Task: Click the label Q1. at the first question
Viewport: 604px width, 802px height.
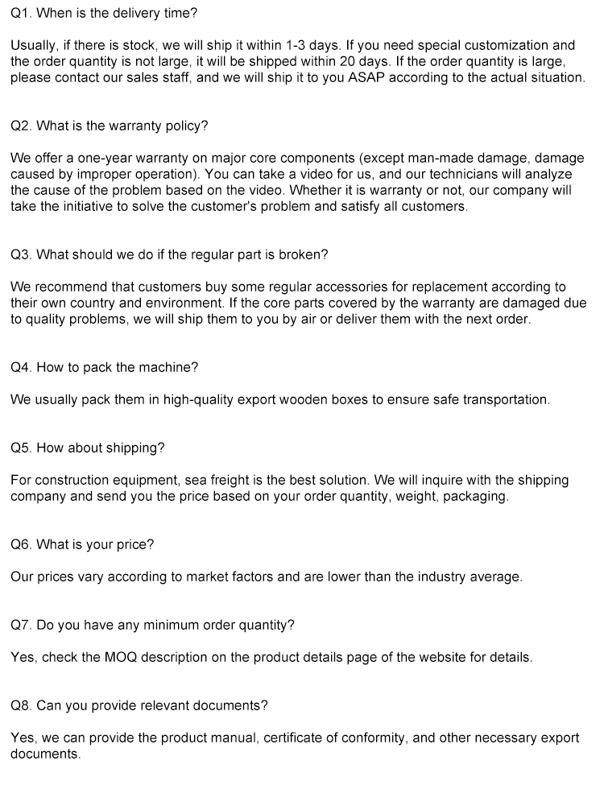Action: (x=21, y=13)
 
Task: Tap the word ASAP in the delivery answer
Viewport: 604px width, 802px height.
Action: (x=366, y=77)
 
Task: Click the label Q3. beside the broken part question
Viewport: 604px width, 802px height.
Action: (x=21, y=254)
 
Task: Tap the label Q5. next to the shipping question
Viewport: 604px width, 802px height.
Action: (x=21, y=448)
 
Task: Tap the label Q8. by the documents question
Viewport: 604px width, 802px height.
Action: (x=21, y=705)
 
